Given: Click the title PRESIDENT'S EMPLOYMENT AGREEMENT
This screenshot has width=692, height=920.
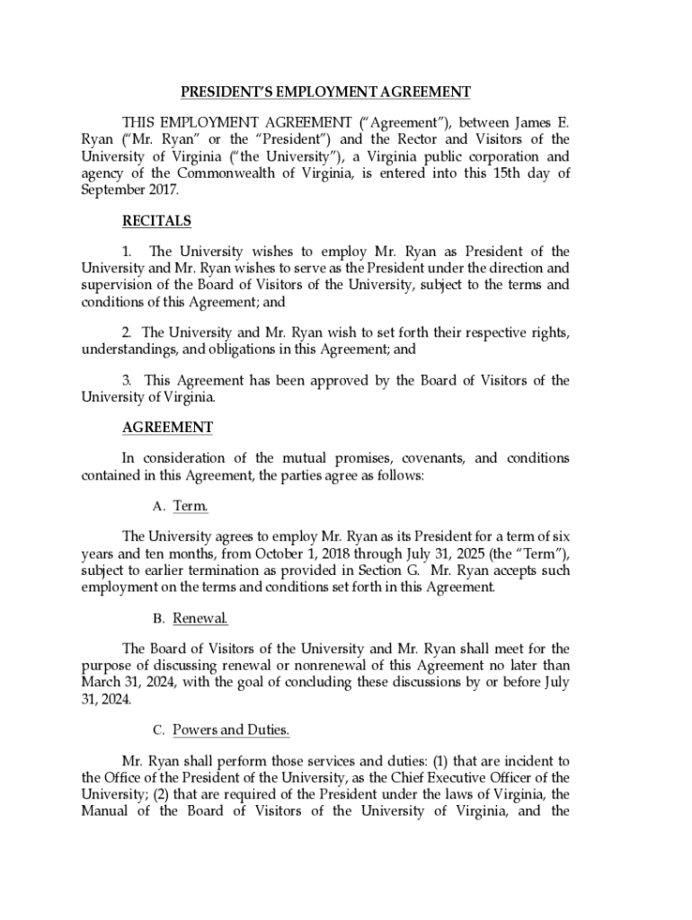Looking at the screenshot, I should pyautogui.click(x=325, y=92).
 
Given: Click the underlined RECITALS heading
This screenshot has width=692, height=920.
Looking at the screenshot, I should pyautogui.click(x=156, y=221).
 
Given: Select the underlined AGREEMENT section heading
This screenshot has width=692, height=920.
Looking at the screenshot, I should pyautogui.click(x=167, y=428).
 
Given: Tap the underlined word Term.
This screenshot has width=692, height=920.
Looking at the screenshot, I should pyautogui.click(x=191, y=507).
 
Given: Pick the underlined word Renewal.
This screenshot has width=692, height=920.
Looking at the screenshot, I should pyautogui.click(x=200, y=619).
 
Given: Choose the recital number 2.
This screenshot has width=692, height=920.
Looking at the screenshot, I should pyautogui.click(x=128, y=332).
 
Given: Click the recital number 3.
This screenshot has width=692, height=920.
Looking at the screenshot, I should pyautogui.click(x=128, y=380).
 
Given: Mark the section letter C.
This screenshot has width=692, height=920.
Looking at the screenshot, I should pyautogui.click(x=157, y=730).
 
